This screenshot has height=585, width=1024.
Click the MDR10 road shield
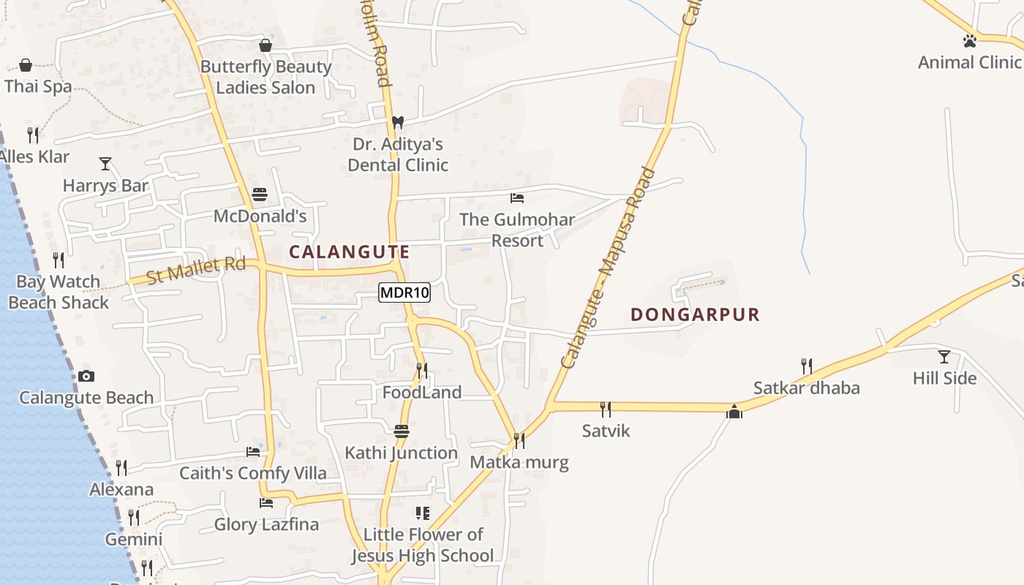click(404, 293)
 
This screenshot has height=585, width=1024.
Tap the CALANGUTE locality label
click(349, 252)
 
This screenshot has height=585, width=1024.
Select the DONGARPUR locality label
click(695, 314)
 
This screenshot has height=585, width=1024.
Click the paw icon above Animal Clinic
click(970, 41)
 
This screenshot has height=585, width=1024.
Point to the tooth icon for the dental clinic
click(398, 122)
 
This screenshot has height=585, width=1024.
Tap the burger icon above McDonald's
click(260, 195)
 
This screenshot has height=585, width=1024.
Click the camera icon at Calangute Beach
click(86, 377)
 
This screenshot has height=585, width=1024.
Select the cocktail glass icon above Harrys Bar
click(105, 164)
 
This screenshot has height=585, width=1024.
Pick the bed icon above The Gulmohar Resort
click(517, 198)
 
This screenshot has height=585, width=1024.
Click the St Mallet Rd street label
click(195, 270)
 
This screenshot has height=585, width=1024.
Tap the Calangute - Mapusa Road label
click(609, 269)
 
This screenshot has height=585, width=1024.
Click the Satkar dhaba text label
click(806, 388)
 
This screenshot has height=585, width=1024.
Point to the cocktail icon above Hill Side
click(944, 357)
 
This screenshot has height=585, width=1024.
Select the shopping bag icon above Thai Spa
click(26, 65)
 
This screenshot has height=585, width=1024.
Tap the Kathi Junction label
click(401, 453)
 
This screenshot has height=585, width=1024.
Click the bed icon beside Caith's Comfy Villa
click(253, 452)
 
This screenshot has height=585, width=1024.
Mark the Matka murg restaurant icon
click(519, 440)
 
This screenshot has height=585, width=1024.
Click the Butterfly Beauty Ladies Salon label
click(266, 77)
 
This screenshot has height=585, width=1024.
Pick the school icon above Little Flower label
click(423, 513)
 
